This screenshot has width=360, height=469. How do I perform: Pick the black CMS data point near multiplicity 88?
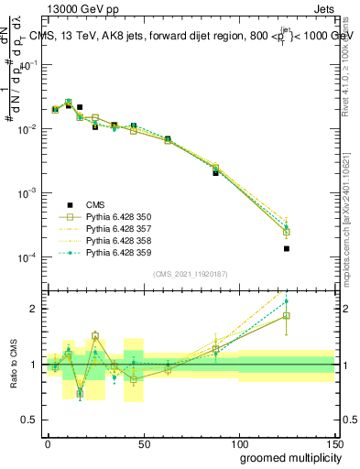pos(215,171)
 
